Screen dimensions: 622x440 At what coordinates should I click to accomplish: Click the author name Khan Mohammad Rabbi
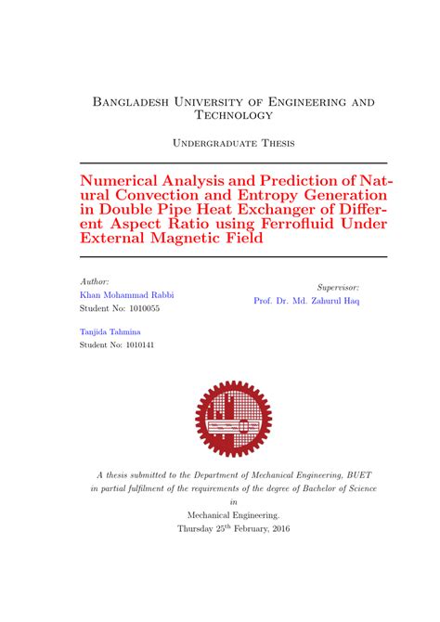[127, 294]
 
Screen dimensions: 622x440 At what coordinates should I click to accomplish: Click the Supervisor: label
[338, 288]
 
